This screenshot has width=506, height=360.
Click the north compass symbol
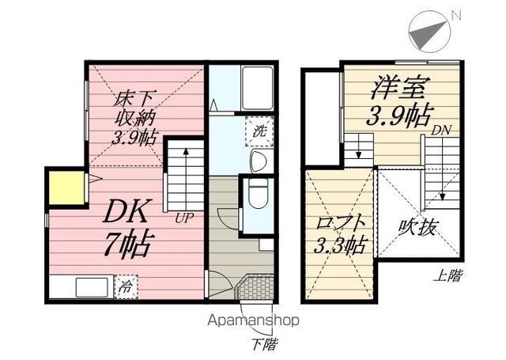point(429,32)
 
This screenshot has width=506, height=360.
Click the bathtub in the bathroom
point(258,88)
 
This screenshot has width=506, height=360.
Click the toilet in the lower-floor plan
point(259,194)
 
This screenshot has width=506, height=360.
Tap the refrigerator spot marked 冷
point(126,286)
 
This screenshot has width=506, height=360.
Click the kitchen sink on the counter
point(92,287)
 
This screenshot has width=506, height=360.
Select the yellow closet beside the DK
point(66,188)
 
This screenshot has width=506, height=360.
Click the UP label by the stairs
point(184,218)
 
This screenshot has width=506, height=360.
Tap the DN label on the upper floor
point(441,130)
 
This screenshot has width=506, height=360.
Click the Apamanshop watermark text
point(253,320)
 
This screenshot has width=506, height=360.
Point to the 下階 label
point(264,344)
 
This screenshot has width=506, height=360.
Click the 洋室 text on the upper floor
point(398,87)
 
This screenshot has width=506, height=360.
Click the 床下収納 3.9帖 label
point(134,118)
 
